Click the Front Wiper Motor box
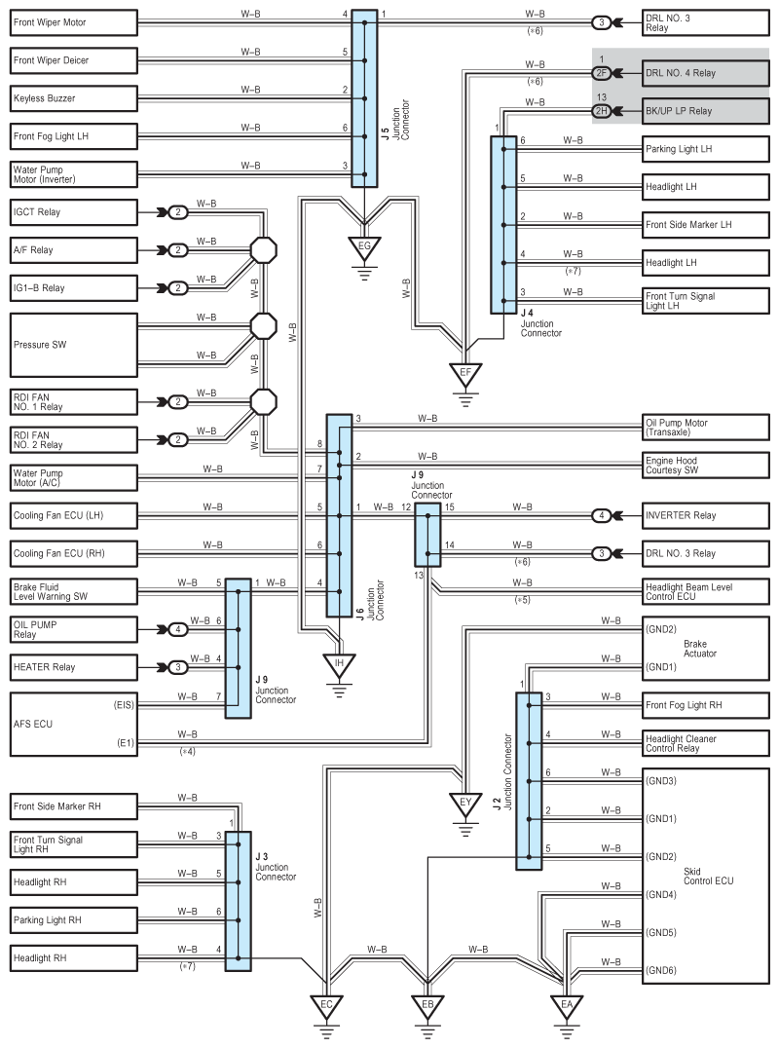[x=73, y=22]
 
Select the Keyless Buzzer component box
[x=73, y=98]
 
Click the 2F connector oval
[x=601, y=73]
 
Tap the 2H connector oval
[x=601, y=111]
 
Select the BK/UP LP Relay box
[x=706, y=111]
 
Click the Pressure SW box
[x=73, y=345]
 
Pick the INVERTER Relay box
[x=706, y=515]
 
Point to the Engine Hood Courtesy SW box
[x=706, y=466]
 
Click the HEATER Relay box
[x=73, y=667]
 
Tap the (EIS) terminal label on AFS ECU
[x=124, y=704]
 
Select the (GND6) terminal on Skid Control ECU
[x=661, y=970]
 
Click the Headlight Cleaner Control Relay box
[x=706, y=743]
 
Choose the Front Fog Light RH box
[x=706, y=705]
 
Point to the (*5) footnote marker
[x=523, y=600]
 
